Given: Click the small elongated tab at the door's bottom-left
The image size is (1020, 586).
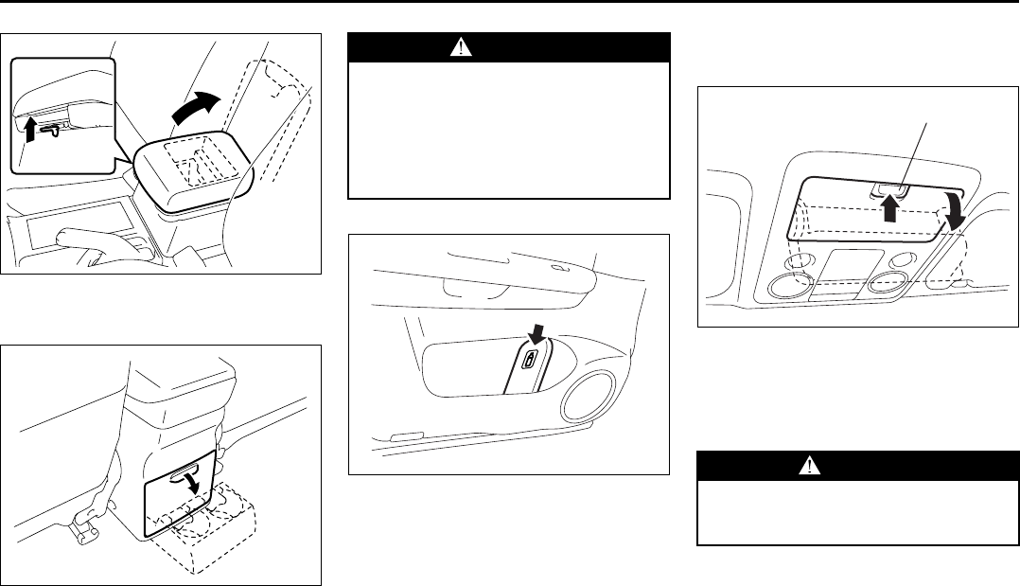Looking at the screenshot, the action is point(403,436).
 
